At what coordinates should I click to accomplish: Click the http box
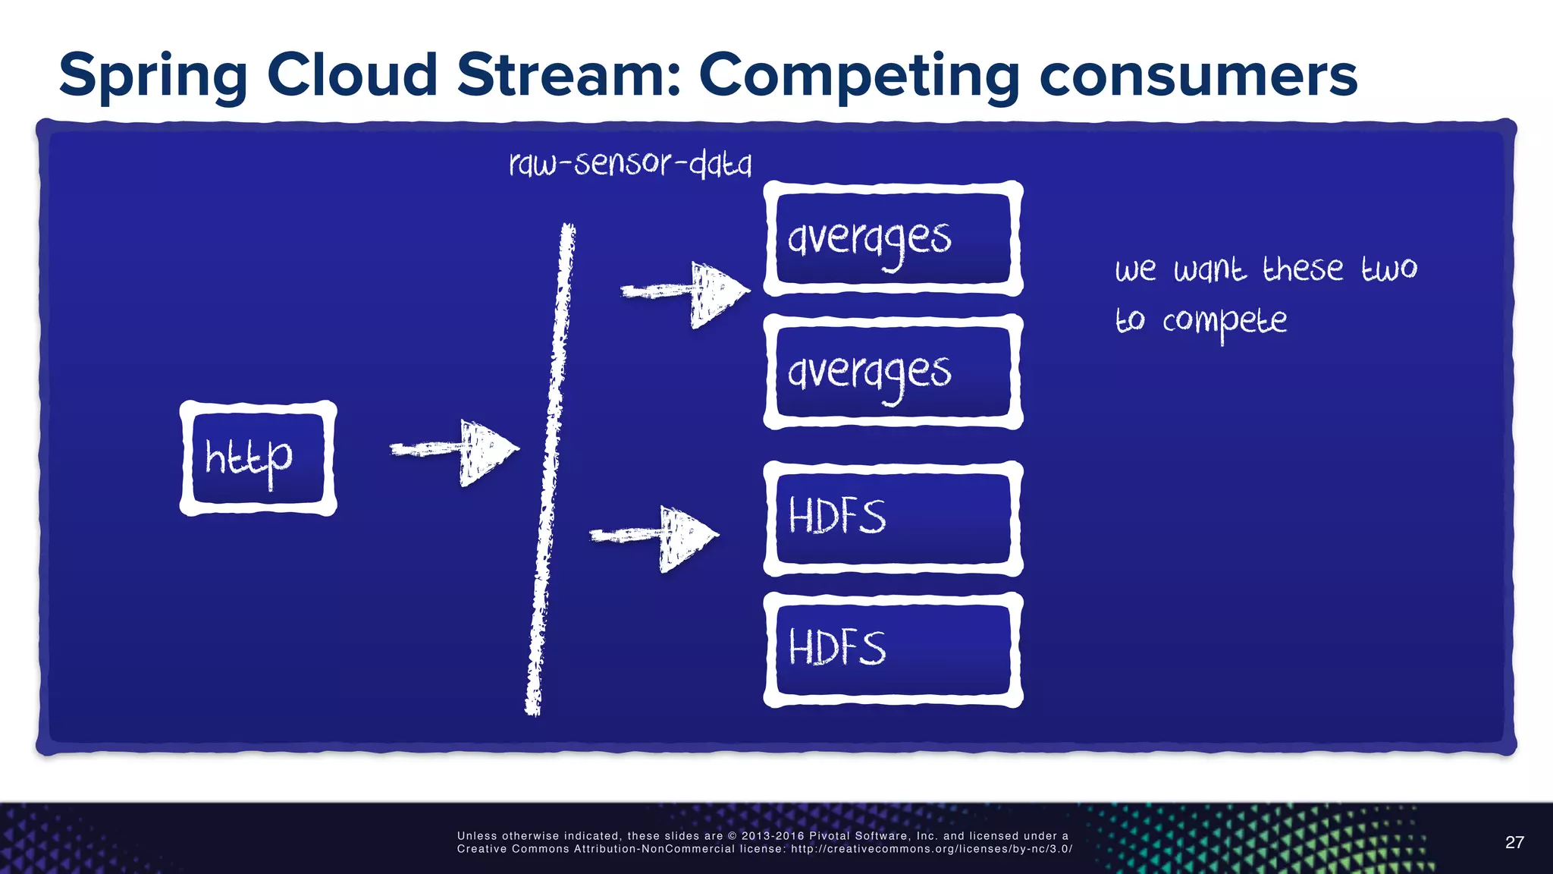coord(258,458)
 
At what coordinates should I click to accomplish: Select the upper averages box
coord(893,238)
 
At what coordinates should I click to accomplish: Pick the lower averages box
coord(893,372)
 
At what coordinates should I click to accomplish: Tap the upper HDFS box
coord(893,518)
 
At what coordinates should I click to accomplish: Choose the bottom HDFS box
coord(893,649)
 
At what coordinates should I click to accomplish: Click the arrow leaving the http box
coord(455,451)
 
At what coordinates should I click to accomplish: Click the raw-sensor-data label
coord(630,163)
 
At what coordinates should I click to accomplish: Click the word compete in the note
coord(1224,322)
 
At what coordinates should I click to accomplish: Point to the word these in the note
coord(1302,269)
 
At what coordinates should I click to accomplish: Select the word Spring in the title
coord(152,76)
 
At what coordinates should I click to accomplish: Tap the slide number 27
coord(1514,842)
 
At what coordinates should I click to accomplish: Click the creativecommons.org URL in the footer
coord(931,849)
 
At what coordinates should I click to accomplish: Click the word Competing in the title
coord(859,76)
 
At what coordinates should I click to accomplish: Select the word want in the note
coord(1209,270)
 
